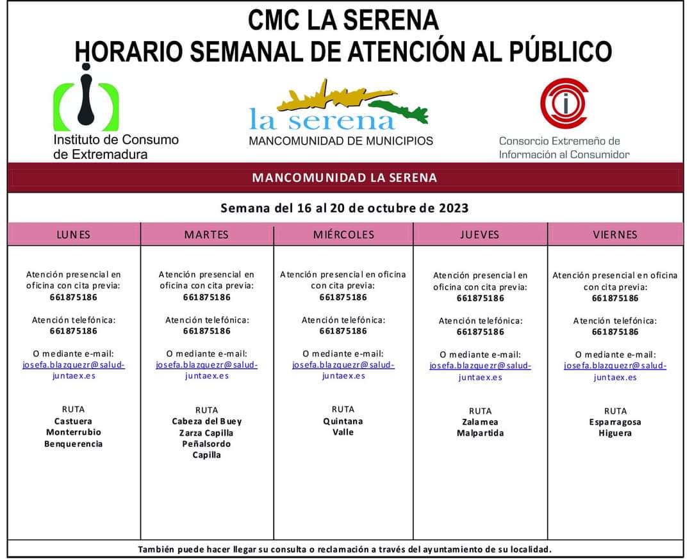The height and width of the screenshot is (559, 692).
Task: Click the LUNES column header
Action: pyautogui.click(x=74, y=234)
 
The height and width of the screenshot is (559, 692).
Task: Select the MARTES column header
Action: pyautogui.click(x=206, y=234)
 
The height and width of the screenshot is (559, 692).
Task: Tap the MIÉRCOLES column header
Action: pyautogui.click(x=343, y=234)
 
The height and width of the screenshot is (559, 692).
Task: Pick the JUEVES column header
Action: pyautogui.click(x=479, y=234)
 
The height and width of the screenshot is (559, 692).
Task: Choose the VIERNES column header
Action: pyautogui.click(x=615, y=234)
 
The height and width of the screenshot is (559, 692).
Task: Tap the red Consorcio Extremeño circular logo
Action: pyautogui.click(x=564, y=103)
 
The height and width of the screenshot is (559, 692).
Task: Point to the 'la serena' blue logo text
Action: pyautogui.click(x=322, y=119)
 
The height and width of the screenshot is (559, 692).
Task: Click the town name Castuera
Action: pyautogui.click(x=73, y=421)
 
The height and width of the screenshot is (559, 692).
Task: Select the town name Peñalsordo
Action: pyautogui.click(x=206, y=444)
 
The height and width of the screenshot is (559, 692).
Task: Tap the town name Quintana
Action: pyautogui.click(x=343, y=421)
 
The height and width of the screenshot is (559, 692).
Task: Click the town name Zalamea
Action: pyautogui.click(x=480, y=422)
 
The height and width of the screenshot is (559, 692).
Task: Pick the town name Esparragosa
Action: pyautogui.click(x=615, y=422)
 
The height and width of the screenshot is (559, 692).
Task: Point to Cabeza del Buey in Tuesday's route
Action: pyautogui.click(x=206, y=421)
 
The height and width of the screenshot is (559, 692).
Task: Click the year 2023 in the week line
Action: pyautogui.click(x=453, y=208)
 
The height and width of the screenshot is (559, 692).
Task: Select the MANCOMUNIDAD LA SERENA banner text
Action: pyautogui.click(x=345, y=177)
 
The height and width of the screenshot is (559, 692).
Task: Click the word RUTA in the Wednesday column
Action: pyautogui.click(x=343, y=409)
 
